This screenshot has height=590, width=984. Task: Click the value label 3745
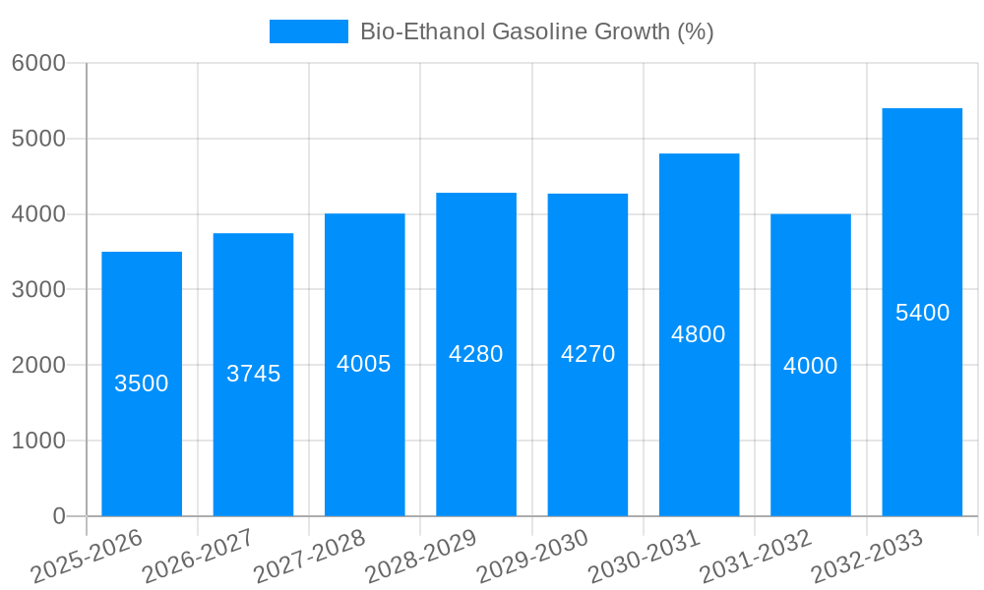tap(253, 374)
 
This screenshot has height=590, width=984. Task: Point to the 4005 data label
tap(364, 364)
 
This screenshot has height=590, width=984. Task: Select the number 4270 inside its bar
tap(587, 354)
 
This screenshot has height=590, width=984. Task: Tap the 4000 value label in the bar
tap(810, 366)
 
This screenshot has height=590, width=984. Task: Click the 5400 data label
tap(922, 313)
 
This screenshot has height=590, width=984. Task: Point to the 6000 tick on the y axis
tap(38, 63)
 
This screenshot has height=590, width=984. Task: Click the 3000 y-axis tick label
tap(38, 289)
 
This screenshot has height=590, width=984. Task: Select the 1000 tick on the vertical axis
tap(38, 441)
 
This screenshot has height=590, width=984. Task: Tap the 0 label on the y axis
tap(58, 516)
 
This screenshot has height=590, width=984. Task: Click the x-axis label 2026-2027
tap(198, 557)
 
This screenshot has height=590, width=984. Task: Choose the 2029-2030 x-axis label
tap(532, 557)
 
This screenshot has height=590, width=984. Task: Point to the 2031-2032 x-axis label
tap(756, 557)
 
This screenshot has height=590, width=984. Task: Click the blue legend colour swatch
tap(308, 31)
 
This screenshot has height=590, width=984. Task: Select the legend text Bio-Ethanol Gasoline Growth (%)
tap(536, 31)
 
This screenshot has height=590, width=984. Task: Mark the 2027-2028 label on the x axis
tap(309, 557)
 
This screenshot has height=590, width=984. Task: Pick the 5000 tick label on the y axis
tap(38, 139)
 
